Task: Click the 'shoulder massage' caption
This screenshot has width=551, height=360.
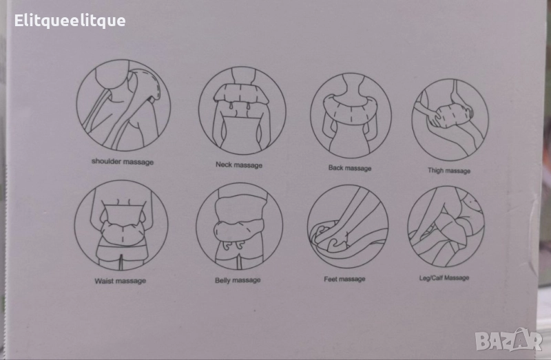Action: pos(123,162)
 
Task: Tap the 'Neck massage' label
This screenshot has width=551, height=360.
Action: pos(239,165)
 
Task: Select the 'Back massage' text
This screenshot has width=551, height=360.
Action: pos(350,168)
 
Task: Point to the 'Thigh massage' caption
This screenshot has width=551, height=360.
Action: pos(449,171)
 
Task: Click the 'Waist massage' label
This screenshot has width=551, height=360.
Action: pos(120,281)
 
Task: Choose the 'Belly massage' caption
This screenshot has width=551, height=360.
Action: pos(238,280)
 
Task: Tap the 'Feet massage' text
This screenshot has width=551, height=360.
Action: pos(344,279)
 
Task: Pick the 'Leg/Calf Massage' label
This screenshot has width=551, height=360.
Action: pos(444,278)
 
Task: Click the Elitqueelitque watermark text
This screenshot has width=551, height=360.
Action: pos(70,21)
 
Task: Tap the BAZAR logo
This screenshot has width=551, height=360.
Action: pos(508,339)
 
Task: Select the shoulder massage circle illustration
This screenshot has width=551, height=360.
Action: pos(123,105)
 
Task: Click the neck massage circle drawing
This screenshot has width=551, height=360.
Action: pos(242,111)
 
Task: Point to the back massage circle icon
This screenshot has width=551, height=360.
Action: pos(351,116)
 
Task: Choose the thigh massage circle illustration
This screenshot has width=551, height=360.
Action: pos(450,120)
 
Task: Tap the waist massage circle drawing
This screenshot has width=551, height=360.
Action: pos(121,225)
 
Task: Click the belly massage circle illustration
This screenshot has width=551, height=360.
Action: pos(239,226)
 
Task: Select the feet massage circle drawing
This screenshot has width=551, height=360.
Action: pos(348,226)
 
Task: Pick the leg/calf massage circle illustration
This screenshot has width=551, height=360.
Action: pos(446,226)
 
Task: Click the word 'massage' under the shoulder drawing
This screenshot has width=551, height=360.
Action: pos(137,162)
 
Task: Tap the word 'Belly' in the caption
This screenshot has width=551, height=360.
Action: pos(222,280)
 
